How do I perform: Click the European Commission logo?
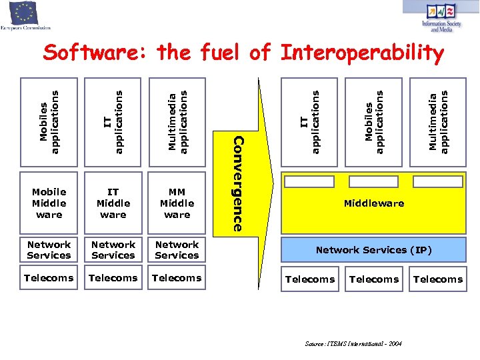[x=25, y=16]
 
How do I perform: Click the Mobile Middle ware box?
[x=49, y=203]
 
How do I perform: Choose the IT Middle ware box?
[x=113, y=203]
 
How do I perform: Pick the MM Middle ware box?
[x=177, y=203]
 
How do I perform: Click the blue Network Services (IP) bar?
[x=373, y=250]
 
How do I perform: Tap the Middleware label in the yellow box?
[x=373, y=203]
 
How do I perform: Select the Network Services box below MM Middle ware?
[x=177, y=250]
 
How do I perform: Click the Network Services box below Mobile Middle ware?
[x=49, y=250]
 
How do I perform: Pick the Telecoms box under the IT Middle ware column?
[x=113, y=278]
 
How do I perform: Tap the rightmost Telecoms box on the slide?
[x=437, y=279]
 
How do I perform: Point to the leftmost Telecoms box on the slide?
[x=49, y=278]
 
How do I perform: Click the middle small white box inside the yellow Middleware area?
[x=373, y=182]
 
